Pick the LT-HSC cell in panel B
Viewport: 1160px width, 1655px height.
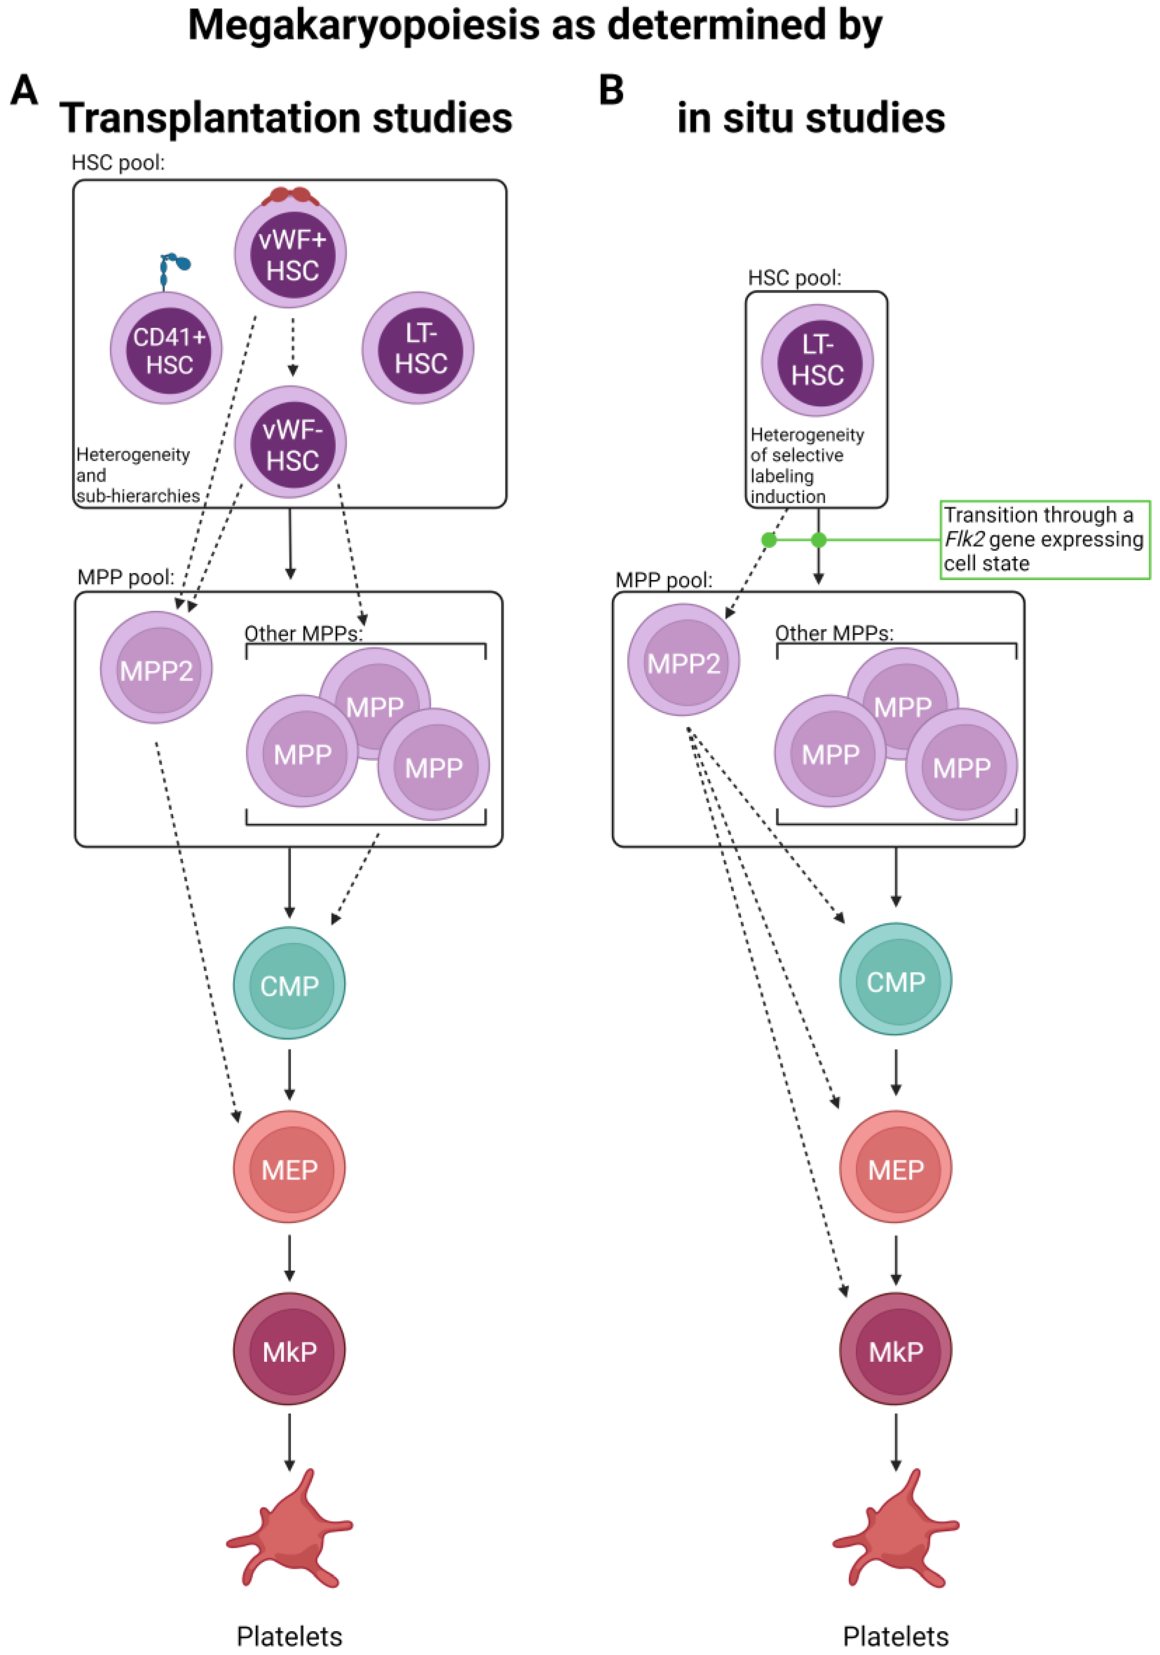[817, 360]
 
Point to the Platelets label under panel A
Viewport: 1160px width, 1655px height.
[289, 1635]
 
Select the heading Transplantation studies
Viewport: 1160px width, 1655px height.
[286, 118]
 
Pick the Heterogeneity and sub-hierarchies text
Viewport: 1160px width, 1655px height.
[137, 475]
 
